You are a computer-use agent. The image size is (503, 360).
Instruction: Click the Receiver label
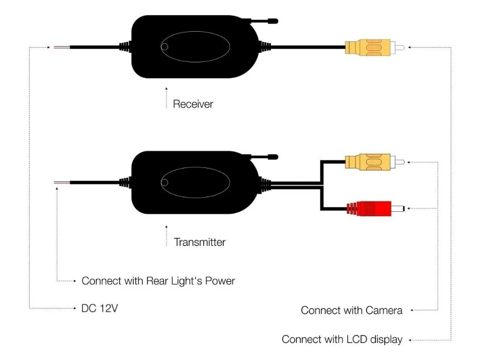193,104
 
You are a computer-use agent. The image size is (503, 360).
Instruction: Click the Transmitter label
200,242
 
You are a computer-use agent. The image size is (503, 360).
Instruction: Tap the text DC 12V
100,308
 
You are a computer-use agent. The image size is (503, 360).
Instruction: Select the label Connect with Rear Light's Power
158,281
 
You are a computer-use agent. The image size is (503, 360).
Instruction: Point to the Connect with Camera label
352,310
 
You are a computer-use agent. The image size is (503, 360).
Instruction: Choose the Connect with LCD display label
342,339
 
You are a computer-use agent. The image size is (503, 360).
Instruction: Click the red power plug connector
375,208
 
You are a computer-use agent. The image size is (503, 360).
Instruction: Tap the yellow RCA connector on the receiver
375,47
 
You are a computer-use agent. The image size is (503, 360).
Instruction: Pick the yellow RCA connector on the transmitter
375,162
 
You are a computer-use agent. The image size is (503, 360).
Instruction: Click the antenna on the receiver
263,22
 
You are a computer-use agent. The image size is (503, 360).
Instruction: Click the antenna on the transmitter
263,157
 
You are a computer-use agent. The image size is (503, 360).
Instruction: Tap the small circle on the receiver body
164,47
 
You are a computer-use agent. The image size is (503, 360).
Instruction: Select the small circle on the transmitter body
164,183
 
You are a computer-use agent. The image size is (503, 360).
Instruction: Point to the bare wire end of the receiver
61,47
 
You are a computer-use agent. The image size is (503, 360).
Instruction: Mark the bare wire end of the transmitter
61,183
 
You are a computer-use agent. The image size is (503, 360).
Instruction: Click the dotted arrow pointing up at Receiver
166,98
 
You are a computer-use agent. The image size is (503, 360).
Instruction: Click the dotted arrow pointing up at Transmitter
166,236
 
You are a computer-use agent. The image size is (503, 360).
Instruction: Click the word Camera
384,310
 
